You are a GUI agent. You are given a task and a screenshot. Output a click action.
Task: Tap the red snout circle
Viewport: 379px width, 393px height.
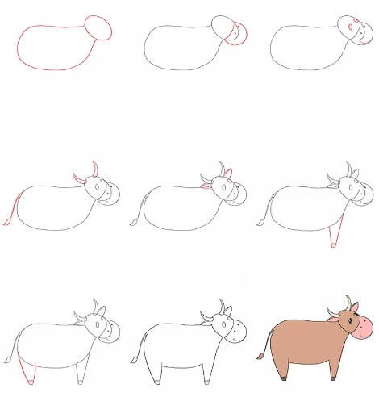(239, 34)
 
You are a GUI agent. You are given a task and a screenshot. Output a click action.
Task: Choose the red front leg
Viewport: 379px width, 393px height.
(334, 236)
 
